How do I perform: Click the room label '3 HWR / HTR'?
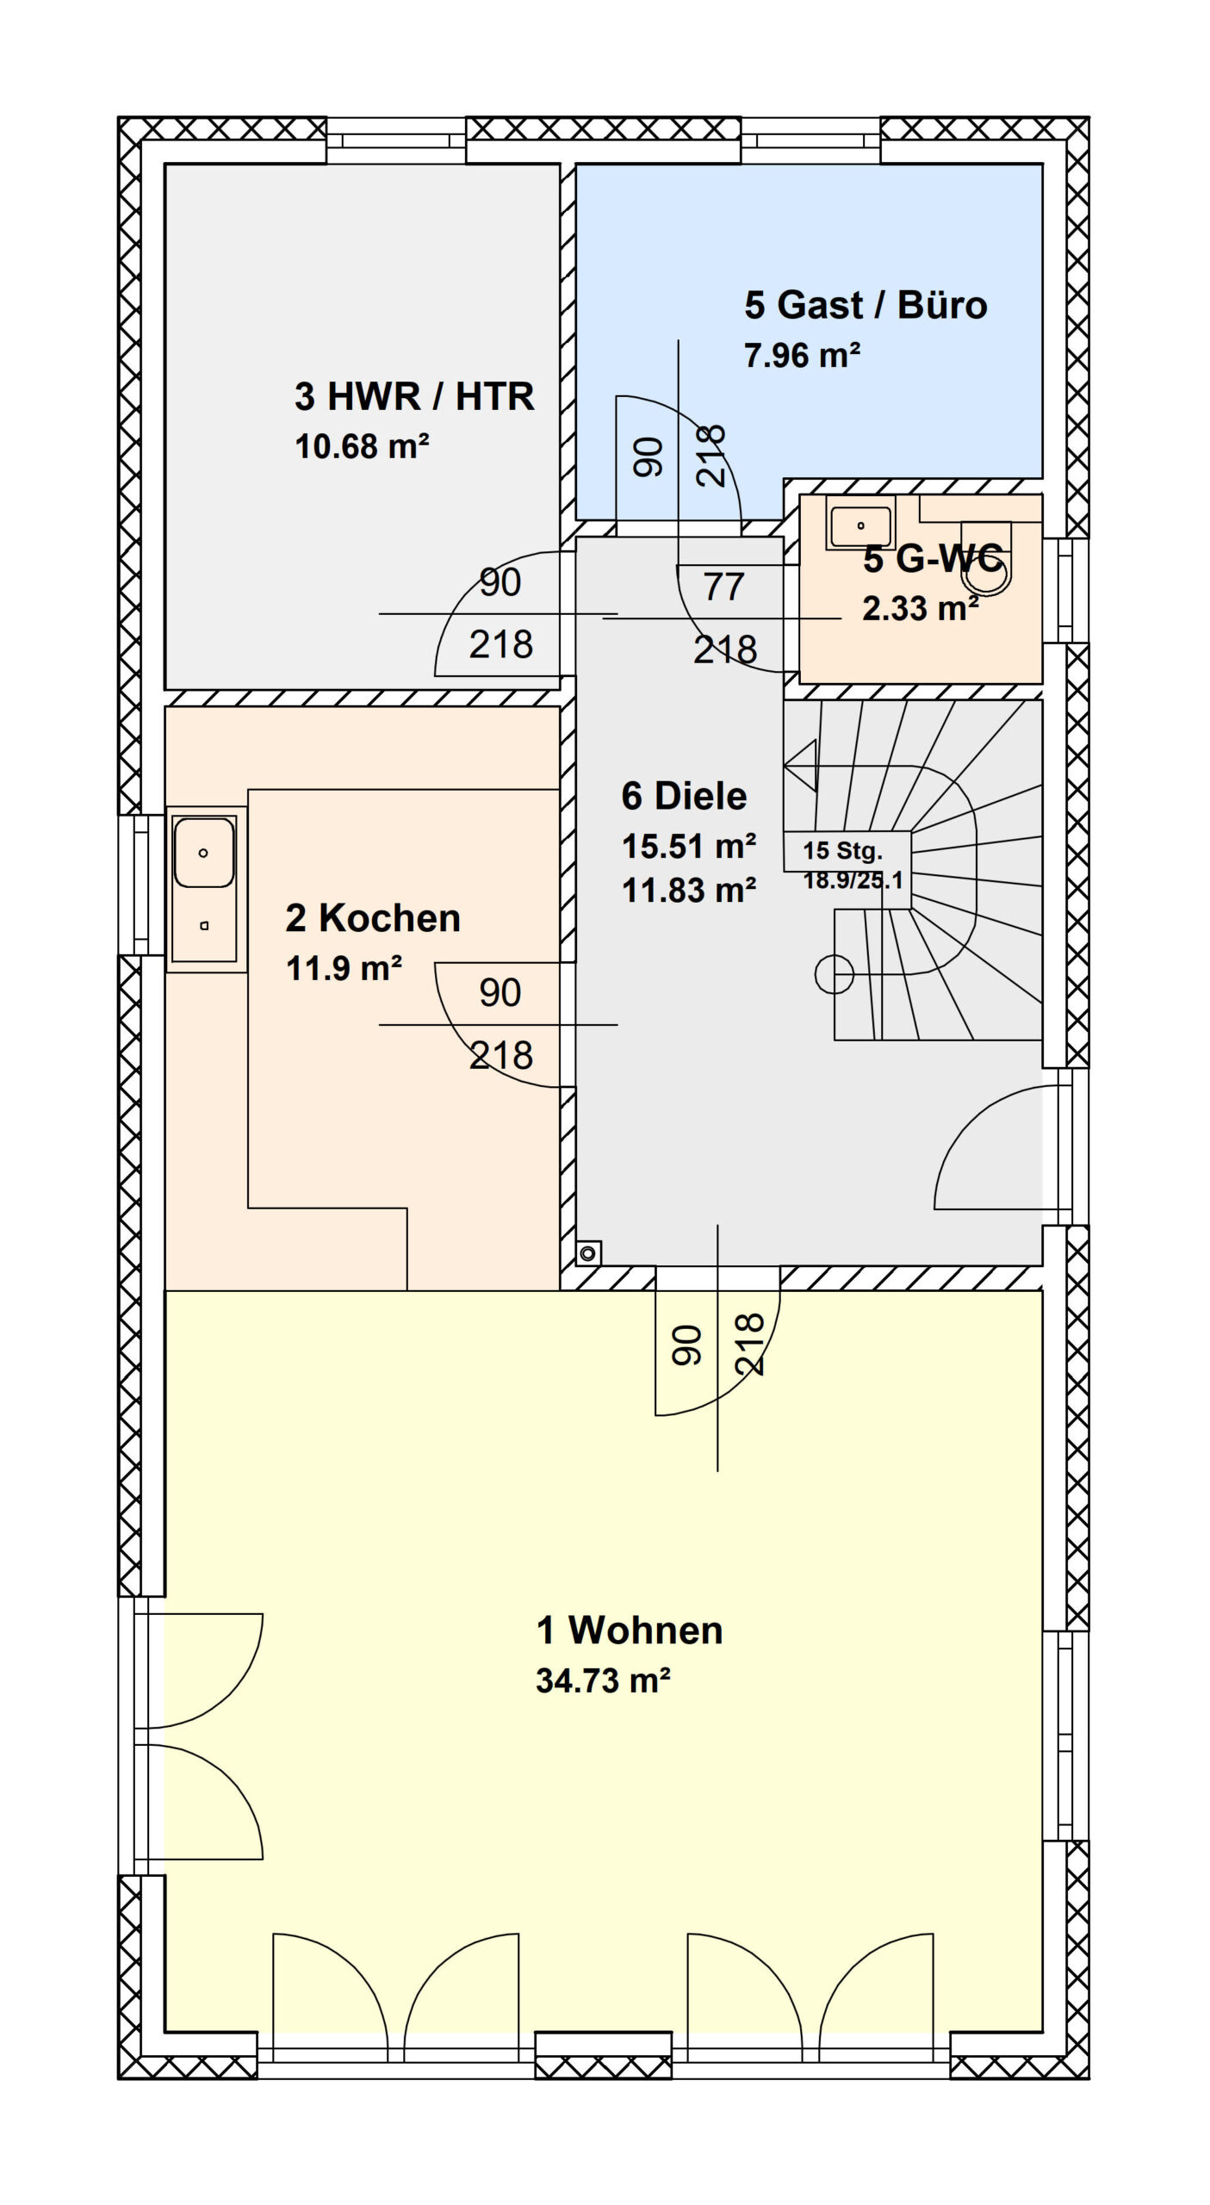[x=414, y=397]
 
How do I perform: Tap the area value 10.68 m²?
[x=362, y=446]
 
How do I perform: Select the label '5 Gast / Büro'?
[x=866, y=305]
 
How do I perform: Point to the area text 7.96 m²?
[x=803, y=355]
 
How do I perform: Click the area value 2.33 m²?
[x=920, y=609]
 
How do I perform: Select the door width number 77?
[x=723, y=587]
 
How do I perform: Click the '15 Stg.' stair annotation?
[x=842, y=851]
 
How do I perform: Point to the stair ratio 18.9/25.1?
[x=853, y=879]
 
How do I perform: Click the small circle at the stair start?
[x=834, y=974]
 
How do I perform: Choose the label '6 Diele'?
[x=684, y=796]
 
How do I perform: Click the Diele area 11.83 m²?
[x=689, y=890]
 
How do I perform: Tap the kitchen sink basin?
[x=203, y=853]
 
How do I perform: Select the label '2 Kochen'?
[x=373, y=918]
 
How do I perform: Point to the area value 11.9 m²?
[x=344, y=968]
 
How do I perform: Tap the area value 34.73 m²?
[x=603, y=1680]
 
